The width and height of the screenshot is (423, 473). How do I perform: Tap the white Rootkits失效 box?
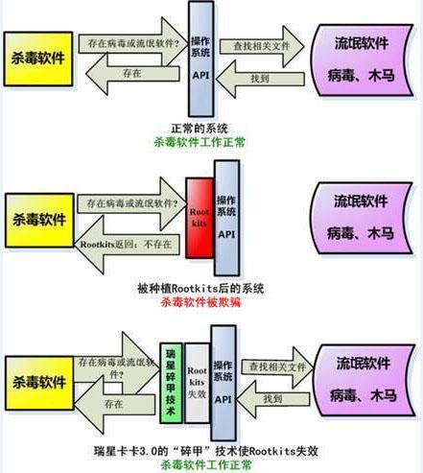197,384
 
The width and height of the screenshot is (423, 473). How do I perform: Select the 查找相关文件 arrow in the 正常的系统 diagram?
262,45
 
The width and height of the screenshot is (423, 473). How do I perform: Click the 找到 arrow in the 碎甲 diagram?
271,399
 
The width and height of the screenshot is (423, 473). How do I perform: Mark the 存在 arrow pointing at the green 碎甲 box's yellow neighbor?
115,407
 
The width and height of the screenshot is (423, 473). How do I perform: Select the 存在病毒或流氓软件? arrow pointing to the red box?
131,203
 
